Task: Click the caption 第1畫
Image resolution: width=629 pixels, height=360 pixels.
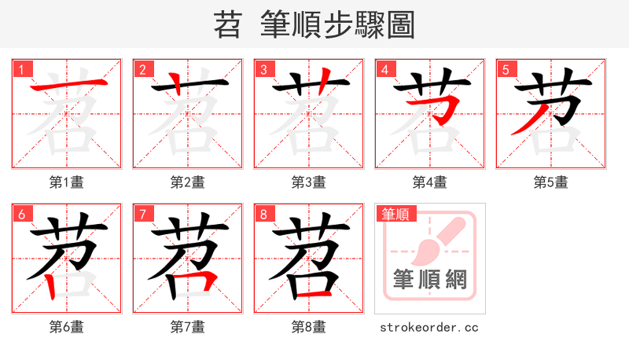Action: [66, 182]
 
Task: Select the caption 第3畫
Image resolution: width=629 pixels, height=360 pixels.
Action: [308, 182]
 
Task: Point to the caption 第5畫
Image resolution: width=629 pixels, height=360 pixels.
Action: [550, 182]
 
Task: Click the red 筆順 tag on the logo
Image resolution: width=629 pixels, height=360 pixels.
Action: [395, 214]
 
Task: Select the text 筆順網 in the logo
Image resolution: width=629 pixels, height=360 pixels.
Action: [429, 280]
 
